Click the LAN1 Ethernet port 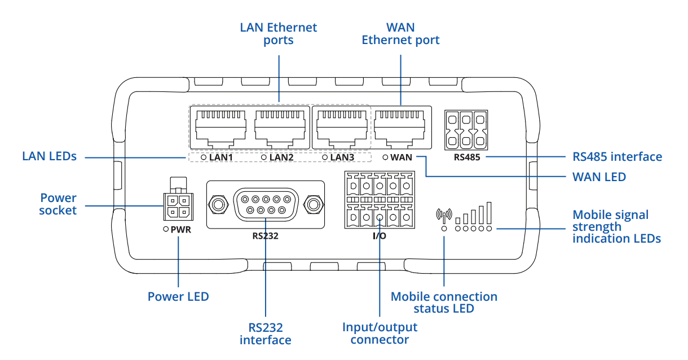pyautogui.click(x=220, y=126)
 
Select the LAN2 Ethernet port pyautogui.click(x=280, y=126)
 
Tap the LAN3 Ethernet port pyautogui.click(x=341, y=126)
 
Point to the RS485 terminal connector pyautogui.click(x=466, y=129)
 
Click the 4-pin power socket pyautogui.click(x=177, y=207)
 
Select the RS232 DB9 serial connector pyautogui.click(x=266, y=204)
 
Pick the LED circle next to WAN pyautogui.click(x=385, y=157)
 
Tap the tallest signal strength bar pyautogui.click(x=489, y=212)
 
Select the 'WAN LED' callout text pyautogui.click(x=599, y=177)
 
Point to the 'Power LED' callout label pyautogui.click(x=178, y=296)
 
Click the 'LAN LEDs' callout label pyautogui.click(x=49, y=156)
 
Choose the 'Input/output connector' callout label pyautogui.click(x=380, y=333)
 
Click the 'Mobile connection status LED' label pyautogui.click(x=444, y=302)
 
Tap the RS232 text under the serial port pyautogui.click(x=265, y=236)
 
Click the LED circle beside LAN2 pyautogui.click(x=264, y=157)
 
